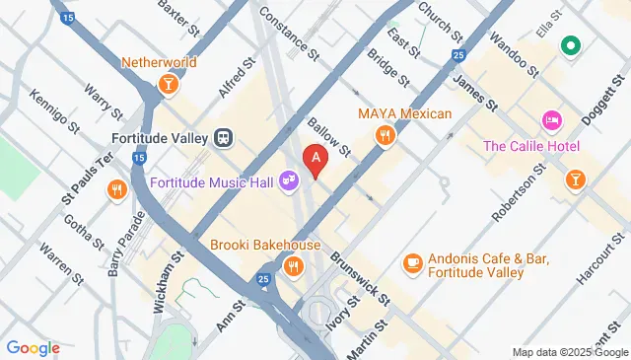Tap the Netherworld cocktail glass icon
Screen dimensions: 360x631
pos(170,85)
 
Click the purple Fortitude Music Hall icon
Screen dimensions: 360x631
pos(289,181)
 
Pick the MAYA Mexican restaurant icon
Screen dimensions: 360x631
pos(385,136)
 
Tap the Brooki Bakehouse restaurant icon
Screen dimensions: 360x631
pos(293,266)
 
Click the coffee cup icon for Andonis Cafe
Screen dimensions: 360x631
pos(412,263)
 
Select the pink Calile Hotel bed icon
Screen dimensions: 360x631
pos(551,121)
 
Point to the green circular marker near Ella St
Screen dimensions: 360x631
pos(570,45)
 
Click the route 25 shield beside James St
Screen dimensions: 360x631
pos(458,54)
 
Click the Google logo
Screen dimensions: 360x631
pos(33,347)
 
